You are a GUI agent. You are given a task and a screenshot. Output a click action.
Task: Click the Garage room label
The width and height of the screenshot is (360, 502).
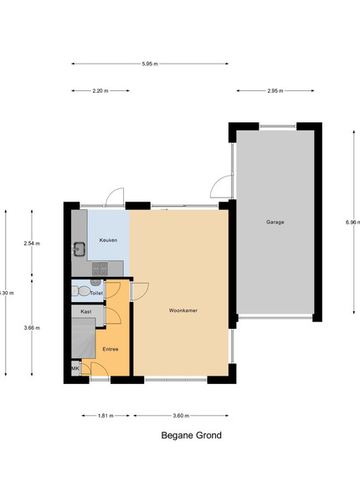275,222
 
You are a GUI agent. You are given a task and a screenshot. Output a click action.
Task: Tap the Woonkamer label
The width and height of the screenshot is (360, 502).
183,310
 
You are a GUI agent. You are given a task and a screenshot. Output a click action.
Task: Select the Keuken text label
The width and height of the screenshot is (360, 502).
108,240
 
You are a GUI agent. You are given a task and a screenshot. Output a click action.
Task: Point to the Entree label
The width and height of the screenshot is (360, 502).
111,349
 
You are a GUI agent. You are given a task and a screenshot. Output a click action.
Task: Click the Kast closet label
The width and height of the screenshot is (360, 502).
86,311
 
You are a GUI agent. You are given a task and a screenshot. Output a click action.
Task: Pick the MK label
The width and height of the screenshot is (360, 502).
75,368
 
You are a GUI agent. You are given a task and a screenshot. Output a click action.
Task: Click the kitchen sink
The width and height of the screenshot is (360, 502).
80,249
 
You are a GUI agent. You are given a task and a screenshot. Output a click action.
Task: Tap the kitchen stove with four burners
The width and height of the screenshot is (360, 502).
100,269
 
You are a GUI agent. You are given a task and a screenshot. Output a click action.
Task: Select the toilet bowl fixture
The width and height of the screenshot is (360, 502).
84,291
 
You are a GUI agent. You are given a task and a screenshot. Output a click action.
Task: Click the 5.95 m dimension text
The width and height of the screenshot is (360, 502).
150,64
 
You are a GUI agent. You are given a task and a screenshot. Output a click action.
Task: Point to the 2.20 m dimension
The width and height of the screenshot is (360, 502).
100,90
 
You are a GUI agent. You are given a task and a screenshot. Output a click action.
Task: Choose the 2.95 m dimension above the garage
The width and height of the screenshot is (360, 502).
275,90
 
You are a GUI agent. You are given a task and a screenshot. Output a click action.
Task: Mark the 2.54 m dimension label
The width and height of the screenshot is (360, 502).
32,243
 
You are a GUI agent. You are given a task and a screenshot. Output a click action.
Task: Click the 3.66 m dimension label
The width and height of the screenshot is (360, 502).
32,327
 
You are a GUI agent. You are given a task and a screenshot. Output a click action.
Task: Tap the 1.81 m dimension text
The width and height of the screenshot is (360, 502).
105,416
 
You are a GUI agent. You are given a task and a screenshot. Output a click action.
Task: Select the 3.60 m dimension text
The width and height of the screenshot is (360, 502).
181,416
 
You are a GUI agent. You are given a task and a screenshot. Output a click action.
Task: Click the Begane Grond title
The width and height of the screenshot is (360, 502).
191,435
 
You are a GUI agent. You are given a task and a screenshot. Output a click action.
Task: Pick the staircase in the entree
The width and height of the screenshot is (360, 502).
83,338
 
